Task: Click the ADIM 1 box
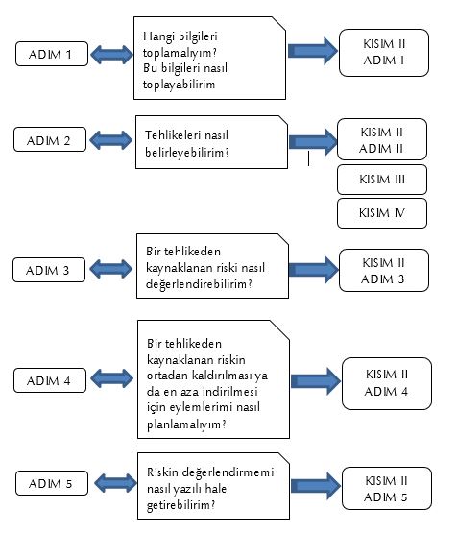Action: [x=52, y=54]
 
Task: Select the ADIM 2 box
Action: [x=50, y=139]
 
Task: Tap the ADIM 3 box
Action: [x=49, y=270]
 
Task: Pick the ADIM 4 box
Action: [x=50, y=380]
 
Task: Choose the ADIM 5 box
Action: [x=52, y=483]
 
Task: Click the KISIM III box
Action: [x=382, y=180]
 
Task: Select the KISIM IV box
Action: [x=382, y=213]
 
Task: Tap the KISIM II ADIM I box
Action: [x=384, y=53]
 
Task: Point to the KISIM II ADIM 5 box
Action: [x=387, y=489]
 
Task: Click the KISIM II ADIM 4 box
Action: [x=387, y=383]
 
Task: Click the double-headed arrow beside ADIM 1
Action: [x=111, y=55]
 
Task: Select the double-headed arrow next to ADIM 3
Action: [x=110, y=269]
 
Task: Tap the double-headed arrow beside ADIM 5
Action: [x=115, y=483]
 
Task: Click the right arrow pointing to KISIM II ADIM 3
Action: [x=314, y=270]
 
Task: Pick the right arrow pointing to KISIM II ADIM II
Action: [x=313, y=142]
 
